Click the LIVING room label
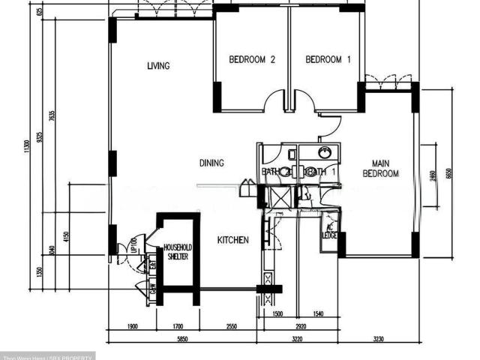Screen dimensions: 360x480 tap(158, 66)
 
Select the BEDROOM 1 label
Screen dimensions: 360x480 tap(328, 60)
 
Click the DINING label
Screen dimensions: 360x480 tap(212, 163)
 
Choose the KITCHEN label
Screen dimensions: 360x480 tap(232, 240)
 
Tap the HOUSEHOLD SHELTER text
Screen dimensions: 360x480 tap(178, 252)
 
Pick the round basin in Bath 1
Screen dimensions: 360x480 tap(325, 153)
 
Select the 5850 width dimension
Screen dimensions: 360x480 tap(182, 340)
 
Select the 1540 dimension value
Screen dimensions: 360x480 tap(318, 315)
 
